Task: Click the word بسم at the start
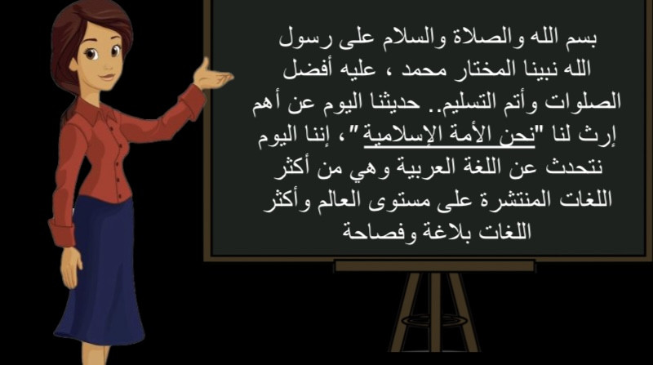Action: coord(581,38)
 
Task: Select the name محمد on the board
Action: coord(420,70)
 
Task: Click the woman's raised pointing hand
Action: coord(213,75)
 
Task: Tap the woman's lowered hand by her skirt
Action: coord(71,267)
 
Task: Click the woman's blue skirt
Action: coord(100,271)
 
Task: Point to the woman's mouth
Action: coord(107,77)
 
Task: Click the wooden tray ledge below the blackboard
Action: coord(434,266)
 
